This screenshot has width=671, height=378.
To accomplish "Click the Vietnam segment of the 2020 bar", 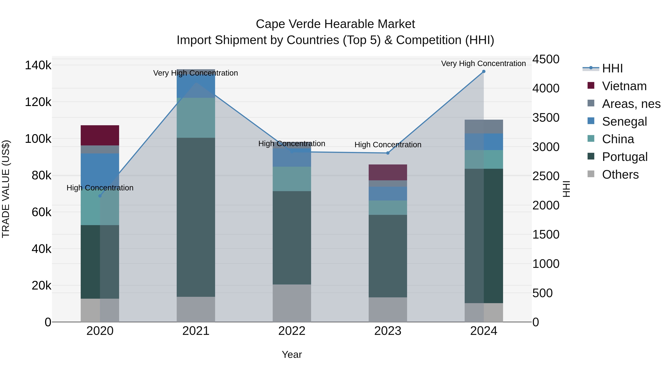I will coord(100,135).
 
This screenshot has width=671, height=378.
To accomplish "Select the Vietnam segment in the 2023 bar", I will coord(388,172).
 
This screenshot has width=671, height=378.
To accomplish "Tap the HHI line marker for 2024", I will coord(484,71).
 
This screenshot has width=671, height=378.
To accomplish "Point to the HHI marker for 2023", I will coord(388,153).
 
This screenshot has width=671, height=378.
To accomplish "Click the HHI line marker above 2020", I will coord(100,196).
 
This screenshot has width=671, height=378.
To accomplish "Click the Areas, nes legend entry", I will coord(631,104).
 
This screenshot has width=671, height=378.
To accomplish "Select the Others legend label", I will coord(620,175).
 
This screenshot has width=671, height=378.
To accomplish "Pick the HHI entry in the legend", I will coord(612,68).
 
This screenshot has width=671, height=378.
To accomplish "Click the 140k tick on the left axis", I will coord(38,65).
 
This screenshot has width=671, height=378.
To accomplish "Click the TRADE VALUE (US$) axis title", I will coord(6,189).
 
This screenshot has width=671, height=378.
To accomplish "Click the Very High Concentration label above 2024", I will coord(483,64).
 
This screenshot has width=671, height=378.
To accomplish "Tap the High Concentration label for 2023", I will coord(388,145).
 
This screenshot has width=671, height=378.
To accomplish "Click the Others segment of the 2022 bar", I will coord(292,303).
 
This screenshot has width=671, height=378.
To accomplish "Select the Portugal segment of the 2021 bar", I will coord(196,217).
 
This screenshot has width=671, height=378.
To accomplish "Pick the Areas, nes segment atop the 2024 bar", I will coord(484,127).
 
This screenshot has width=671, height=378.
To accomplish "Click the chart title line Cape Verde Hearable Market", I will coord(335,24).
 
